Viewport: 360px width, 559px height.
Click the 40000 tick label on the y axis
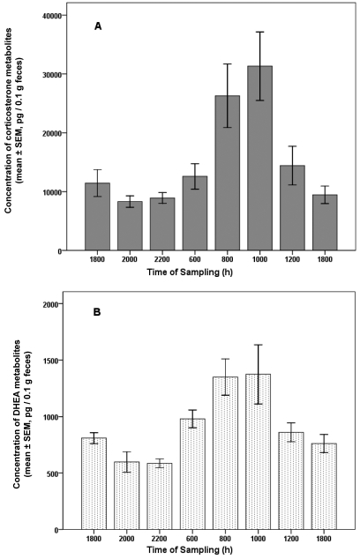click(x=63, y=16)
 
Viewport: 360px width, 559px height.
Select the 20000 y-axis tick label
click(x=63, y=133)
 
